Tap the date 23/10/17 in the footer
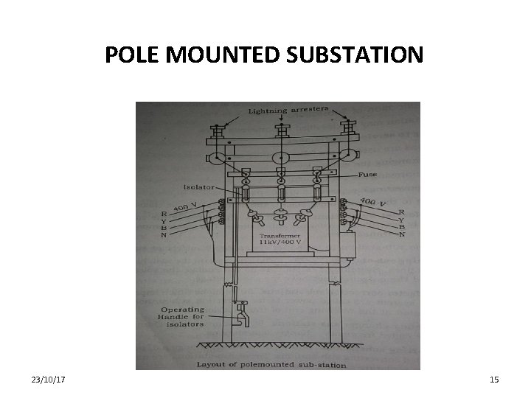tap(48, 379)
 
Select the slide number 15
tap(494, 379)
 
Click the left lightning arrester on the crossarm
tap(218, 133)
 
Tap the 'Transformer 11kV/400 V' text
tap(278, 238)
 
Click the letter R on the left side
tap(164, 214)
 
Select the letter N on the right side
tap(402, 234)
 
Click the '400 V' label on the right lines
tap(373, 200)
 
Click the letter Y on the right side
tap(402, 219)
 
